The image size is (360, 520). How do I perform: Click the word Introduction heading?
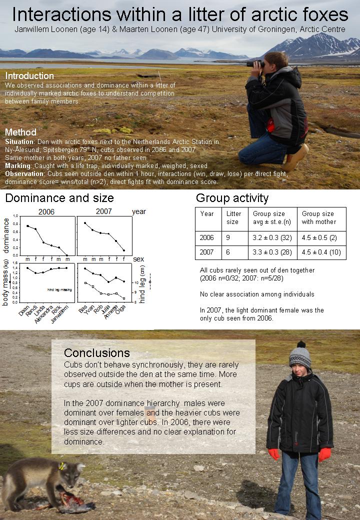tap(29, 76)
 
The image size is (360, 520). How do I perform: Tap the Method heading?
tap(20, 132)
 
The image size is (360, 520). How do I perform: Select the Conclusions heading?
tap(96, 353)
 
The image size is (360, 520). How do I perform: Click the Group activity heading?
tap(232, 198)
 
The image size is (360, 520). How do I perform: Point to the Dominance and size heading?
tap(59, 198)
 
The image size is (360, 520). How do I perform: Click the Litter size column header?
tap(233, 217)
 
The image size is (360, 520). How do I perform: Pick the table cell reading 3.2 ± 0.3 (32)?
tap(272, 238)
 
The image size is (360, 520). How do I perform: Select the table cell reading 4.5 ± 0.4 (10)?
tap(321, 252)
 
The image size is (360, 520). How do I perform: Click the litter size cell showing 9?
tap(228, 238)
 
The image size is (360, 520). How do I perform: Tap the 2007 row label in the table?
tap(207, 252)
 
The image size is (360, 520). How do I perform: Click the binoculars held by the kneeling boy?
tap(255, 63)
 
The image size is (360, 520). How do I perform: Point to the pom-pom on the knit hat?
tap(301, 344)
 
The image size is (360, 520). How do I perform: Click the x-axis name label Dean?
tap(23, 310)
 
